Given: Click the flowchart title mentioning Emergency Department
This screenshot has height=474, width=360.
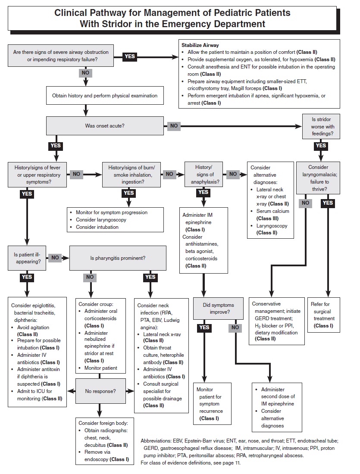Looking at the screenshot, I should [x=172, y=18].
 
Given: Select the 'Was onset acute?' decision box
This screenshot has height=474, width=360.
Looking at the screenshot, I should [x=105, y=126].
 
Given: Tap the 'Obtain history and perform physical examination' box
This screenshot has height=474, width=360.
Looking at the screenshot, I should [x=105, y=96].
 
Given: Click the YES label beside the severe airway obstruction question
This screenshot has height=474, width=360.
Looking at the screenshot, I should [x=129, y=56].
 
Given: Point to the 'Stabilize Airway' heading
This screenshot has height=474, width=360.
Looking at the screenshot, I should [x=200, y=45].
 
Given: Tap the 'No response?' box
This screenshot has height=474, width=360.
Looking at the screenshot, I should [x=100, y=391].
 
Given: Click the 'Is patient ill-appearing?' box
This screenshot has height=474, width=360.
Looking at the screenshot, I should [x=27, y=258].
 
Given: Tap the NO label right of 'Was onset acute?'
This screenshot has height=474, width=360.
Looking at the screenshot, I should [x=174, y=126].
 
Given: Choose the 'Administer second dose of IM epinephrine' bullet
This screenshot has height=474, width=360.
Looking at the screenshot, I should [x=278, y=397].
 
